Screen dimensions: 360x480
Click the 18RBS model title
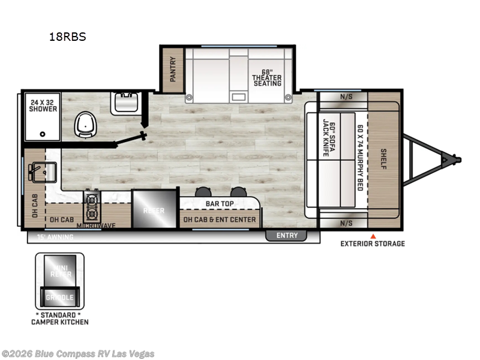point(68,37)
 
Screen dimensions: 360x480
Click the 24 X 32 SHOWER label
point(43,105)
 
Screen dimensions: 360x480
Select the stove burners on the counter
point(93,206)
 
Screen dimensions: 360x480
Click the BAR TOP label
point(219,204)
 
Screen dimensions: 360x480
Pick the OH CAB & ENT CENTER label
point(220,220)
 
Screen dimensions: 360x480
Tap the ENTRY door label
point(287,235)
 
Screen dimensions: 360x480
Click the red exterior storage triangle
point(373,236)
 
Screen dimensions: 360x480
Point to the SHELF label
point(384,158)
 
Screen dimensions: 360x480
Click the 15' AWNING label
point(55,237)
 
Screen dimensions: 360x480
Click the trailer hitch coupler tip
point(457,160)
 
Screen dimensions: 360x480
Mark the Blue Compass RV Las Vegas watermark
point(78,353)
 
